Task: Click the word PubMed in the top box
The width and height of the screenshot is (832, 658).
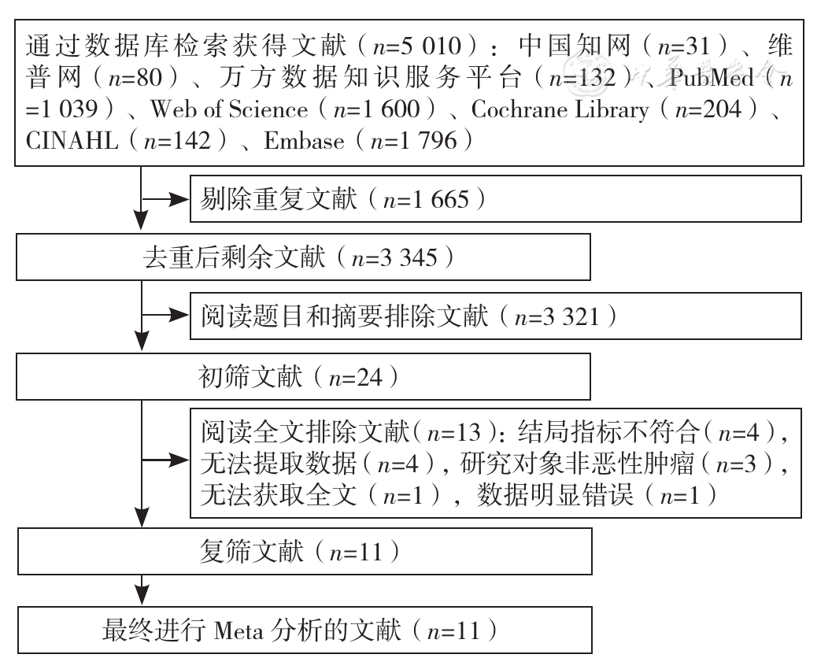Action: point(711,78)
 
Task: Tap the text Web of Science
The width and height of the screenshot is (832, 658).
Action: point(229,109)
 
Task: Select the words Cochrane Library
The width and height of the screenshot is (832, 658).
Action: point(560,109)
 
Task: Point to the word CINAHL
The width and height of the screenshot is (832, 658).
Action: point(72,141)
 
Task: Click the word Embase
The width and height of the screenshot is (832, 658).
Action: point(304,141)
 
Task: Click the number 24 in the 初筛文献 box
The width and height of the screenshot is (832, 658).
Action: point(369,377)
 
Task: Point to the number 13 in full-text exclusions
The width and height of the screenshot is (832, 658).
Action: point(468,433)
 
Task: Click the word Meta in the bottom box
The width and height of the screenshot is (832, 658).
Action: point(239,631)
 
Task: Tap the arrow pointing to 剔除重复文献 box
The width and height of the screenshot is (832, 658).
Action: point(165,199)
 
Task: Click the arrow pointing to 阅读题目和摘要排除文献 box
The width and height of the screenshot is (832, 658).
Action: point(165,315)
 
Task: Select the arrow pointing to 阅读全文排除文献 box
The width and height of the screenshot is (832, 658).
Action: point(165,460)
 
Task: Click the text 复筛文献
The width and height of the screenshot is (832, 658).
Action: point(252,551)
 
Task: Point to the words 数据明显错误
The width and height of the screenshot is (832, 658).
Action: point(555,495)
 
